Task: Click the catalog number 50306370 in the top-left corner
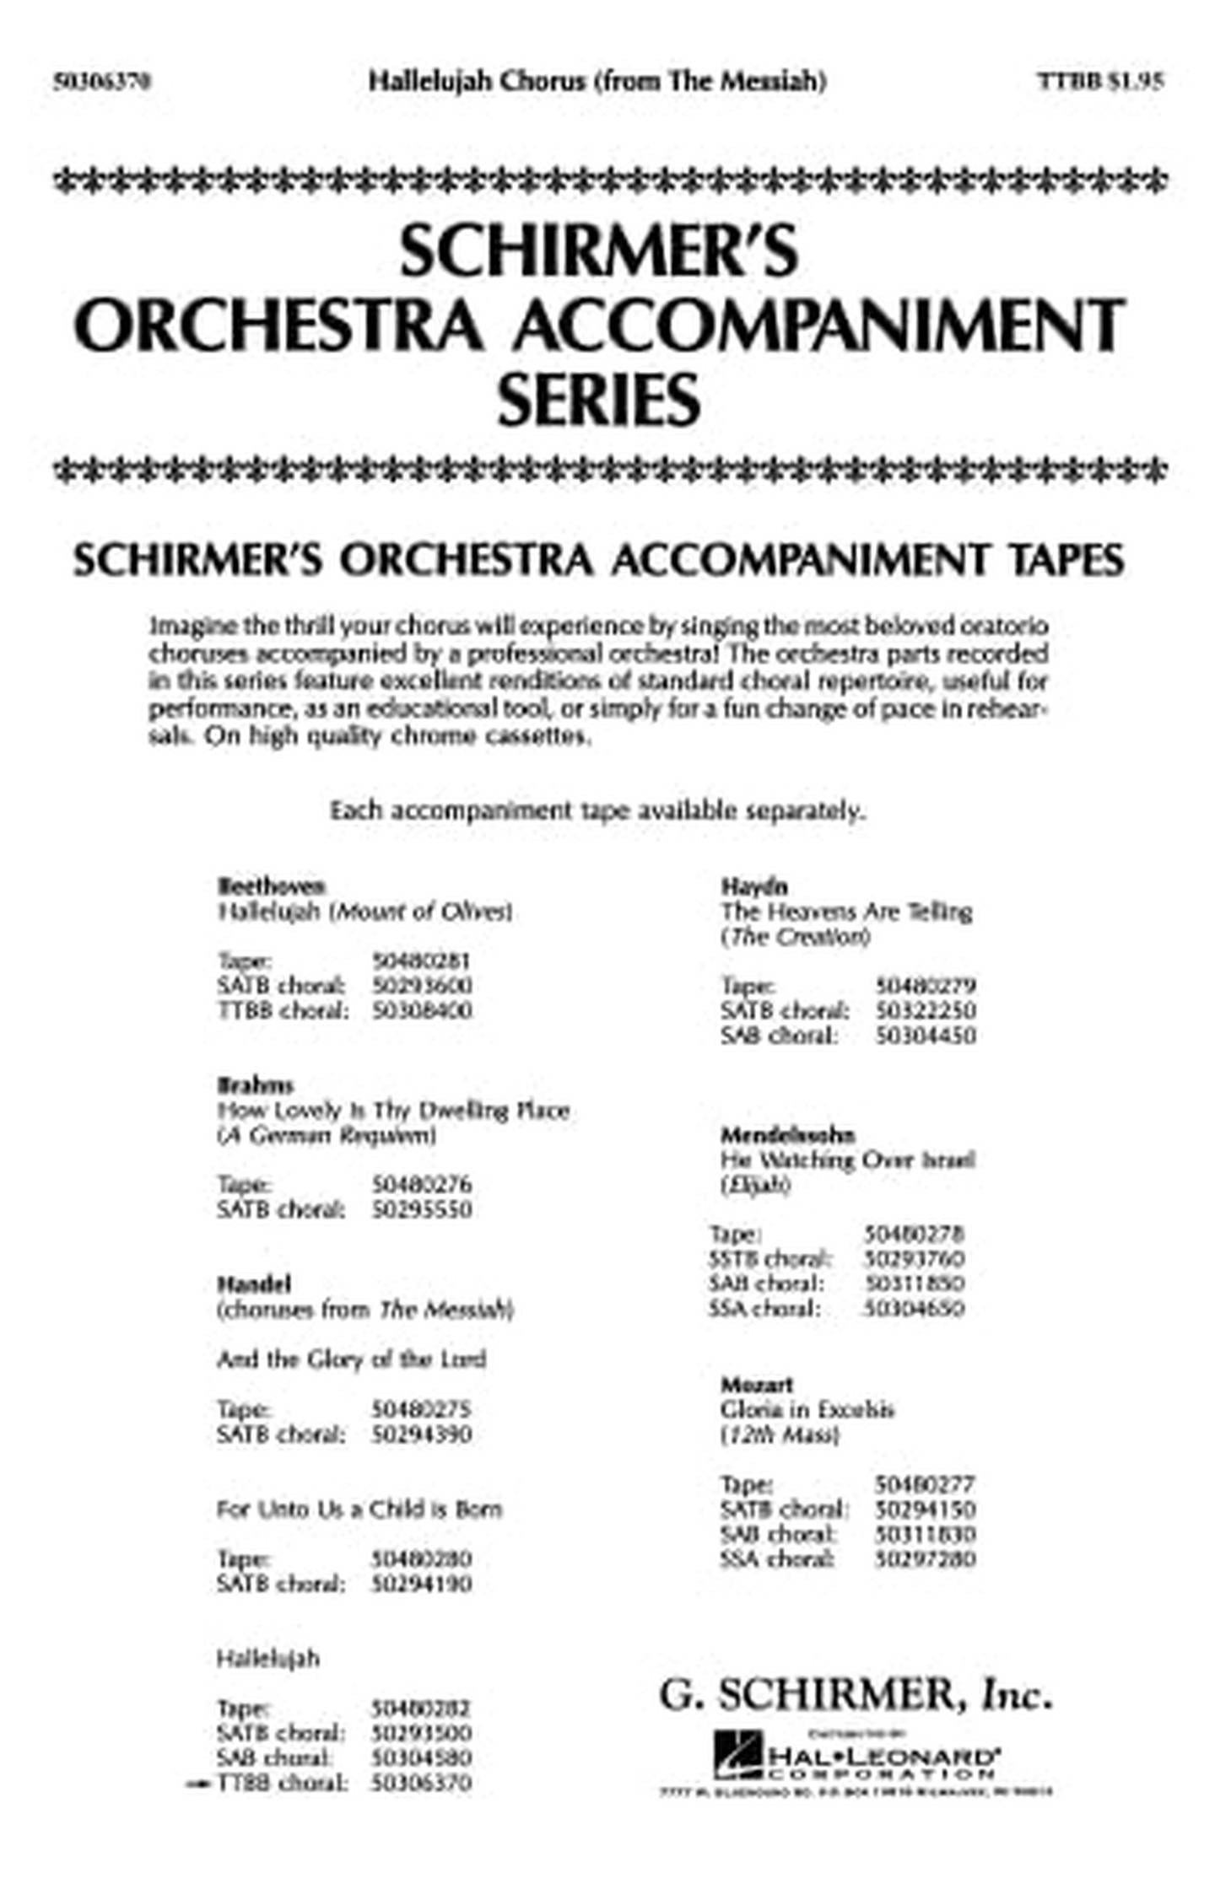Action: [102, 82]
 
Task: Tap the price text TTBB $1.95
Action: [1100, 81]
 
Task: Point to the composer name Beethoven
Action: [271, 885]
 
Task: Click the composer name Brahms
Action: [256, 1084]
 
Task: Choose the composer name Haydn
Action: [753, 886]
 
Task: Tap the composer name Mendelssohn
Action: [787, 1135]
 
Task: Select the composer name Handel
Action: [254, 1284]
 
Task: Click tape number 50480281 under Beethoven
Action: [421, 961]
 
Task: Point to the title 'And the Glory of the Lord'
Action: [351, 1359]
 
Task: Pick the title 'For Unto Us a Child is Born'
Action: [359, 1509]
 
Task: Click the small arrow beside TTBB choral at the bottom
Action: [199, 1784]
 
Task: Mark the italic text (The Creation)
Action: [795, 936]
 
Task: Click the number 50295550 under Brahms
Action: [421, 1209]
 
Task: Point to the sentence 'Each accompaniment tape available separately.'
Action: [597, 811]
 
